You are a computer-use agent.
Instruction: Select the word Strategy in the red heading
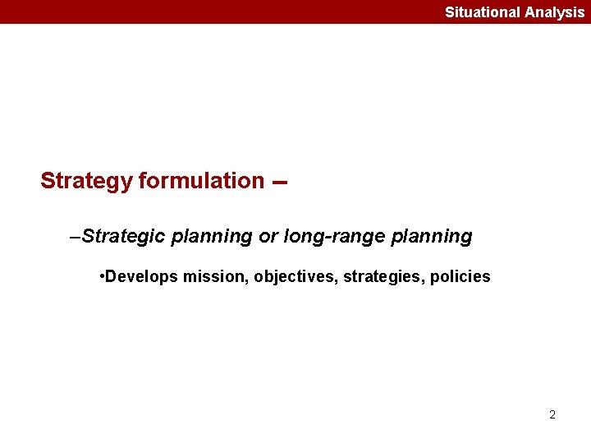click(86, 181)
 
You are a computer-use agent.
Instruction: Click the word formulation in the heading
click(201, 181)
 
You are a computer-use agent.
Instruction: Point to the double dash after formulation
click(279, 183)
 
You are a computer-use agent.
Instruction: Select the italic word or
click(268, 237)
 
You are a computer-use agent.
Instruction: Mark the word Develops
click(141, 277)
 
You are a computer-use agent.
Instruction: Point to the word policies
click(460, 277)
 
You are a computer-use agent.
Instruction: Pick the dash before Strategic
click(76, 237)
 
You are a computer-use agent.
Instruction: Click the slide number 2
click(552, 414)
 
